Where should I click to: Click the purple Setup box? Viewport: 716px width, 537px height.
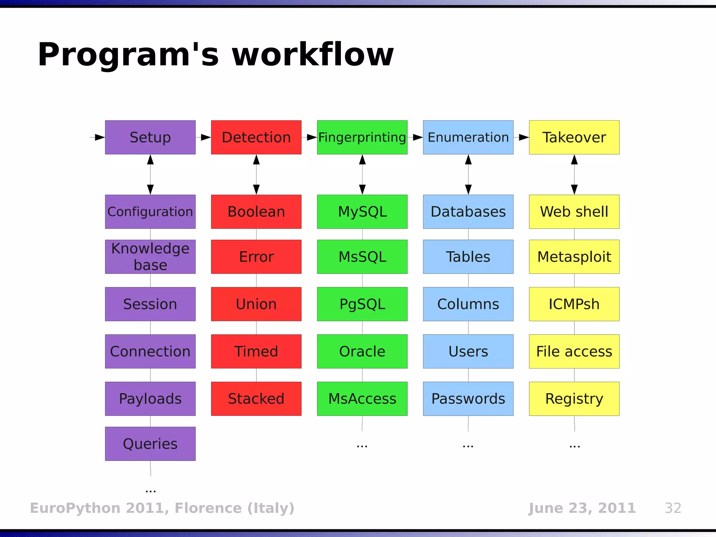[x=150, y=137]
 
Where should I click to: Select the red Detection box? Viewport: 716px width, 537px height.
[x=256, y=137]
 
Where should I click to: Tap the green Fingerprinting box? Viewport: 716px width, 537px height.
[x=362, y=137]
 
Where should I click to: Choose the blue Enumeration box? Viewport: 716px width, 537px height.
[x=468, y=137]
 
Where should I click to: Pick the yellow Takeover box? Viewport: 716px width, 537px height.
[x=574, y=137]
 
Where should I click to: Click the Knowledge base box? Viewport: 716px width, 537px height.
[x=150, y=257]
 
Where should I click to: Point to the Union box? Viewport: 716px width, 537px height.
[x=256, y=304]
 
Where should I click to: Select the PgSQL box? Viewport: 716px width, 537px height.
[x=362, y=304]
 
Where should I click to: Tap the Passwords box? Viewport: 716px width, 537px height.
[x=468, y=399]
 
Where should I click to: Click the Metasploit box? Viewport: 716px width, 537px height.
[x=574, y=257]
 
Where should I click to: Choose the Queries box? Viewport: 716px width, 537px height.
[x=150, y=444]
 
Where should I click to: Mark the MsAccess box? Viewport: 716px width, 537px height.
[x=362, y=399]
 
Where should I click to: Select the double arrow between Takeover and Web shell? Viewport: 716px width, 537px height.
[x=574, y=174]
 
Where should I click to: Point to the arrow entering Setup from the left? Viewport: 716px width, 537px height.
[x=98, y=137]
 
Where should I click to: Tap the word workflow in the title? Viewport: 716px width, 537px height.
[x=313, y=55]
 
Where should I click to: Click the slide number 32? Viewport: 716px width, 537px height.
[x=673, y=508]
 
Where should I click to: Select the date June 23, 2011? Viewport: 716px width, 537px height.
[x=582, y=508]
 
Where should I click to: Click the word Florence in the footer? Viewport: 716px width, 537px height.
[x=208, y=508]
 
